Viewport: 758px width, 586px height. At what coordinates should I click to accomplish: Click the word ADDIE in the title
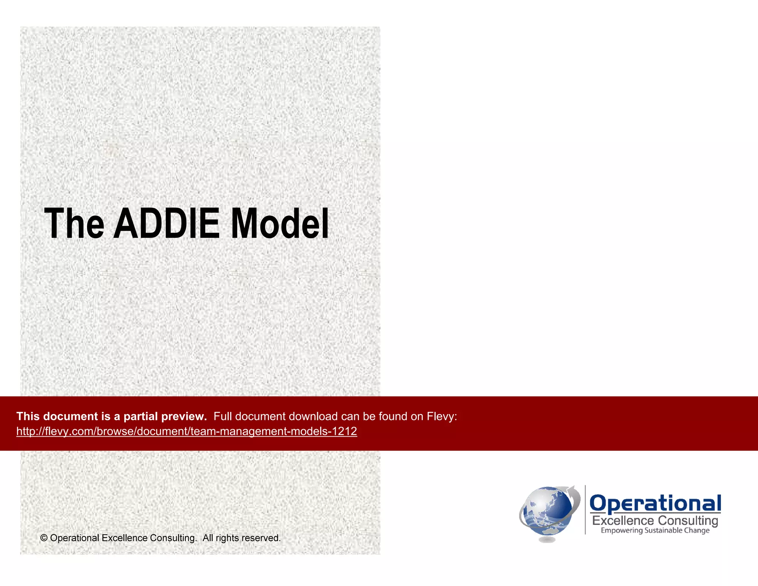(x=166, y=223)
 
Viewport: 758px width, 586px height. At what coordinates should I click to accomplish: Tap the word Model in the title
(x=280, y=223)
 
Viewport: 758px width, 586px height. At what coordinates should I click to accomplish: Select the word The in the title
(x=74, y=223)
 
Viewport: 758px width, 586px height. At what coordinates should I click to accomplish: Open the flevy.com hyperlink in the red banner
(x=187, y=431)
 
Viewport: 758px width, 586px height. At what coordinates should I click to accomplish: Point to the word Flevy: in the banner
(x=442, y=416)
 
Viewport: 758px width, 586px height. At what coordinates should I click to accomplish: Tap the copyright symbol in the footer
(x=44, y=538)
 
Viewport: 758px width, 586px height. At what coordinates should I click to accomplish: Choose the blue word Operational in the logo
(x=655, y=503)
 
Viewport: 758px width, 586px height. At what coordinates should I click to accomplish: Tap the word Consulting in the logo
(x=688, y=521)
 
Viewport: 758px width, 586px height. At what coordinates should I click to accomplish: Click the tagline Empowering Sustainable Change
(x=655, y=530)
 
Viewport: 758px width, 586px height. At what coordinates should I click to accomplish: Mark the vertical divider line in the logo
(x=585, y=510)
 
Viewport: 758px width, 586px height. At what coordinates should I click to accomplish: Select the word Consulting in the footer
(x=173, y=538)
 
